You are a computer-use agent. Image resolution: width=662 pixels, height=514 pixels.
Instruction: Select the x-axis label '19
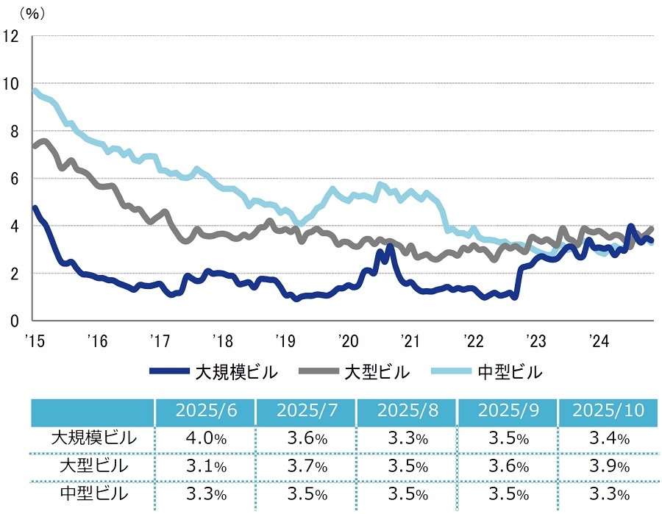pyautogui.click(x=285, y=340)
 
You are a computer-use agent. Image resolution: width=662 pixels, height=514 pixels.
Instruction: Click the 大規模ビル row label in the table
pyautogui.click(x=93, y=439)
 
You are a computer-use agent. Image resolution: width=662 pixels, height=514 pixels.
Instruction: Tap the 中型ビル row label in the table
pyautogui.click(x=93, y=494)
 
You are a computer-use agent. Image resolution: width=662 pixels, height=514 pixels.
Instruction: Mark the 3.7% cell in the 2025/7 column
pyautogui.click(x=305, y=467)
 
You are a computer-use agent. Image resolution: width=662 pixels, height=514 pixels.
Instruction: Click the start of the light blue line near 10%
pyautogui.click(x=35, y=90)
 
